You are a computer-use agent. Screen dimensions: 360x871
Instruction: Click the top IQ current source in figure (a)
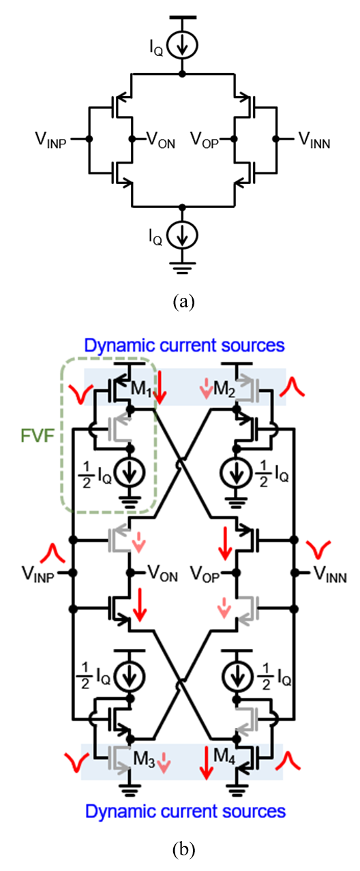pos(183,46)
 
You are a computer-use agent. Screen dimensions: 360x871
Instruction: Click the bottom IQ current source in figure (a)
pos(183,236)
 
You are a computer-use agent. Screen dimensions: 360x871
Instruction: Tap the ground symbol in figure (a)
pos(183,268)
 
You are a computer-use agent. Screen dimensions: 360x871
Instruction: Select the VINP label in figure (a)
pos(50,140)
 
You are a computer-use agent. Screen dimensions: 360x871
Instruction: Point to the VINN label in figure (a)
pos(314,140)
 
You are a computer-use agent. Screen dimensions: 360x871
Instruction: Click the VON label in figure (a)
pos(161,140)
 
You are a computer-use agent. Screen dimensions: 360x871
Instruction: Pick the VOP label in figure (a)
pos(205,140)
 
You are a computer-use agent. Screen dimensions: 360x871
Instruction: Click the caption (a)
pos(183,302)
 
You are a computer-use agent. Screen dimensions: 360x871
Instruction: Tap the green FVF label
pos(37,436)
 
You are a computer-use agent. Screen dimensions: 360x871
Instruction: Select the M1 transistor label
pos(141,388)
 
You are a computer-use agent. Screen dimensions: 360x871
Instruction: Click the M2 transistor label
pos(224,388)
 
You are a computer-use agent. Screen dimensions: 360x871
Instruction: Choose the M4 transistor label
pos(224,757)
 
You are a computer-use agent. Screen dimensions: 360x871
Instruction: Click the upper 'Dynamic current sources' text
pos(185,346)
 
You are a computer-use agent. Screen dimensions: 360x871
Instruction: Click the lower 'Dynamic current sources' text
pos(185,812)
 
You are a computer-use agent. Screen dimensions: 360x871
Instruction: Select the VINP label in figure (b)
pos(38,574)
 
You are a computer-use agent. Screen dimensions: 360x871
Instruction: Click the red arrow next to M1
pos(160,387)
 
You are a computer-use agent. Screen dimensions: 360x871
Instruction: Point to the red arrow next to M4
pos(207,764)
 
